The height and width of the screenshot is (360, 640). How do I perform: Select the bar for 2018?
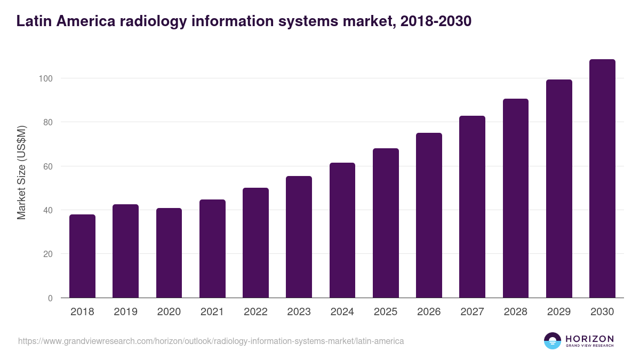point(82,256)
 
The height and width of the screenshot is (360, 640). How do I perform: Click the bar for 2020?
point(169,253)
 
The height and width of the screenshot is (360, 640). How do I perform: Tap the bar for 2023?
point(299,237)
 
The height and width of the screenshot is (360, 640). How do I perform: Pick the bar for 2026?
point(429,215)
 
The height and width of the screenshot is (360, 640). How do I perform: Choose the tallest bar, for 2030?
point(602,179)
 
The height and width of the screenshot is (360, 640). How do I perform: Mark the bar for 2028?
point(515,198)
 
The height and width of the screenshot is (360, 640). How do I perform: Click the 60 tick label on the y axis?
point(47,166)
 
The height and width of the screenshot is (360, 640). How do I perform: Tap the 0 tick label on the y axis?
point(50,298)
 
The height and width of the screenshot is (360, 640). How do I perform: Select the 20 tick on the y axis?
point(47,254)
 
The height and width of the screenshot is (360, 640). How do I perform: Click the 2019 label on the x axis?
point(125,312)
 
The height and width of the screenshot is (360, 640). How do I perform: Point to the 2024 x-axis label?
point(342,312)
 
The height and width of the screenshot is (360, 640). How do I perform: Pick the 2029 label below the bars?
point(558,312)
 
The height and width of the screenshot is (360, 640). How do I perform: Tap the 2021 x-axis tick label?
point(212,312)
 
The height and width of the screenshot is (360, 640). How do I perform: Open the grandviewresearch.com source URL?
point(211,341)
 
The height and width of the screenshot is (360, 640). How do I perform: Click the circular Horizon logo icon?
point(552,341)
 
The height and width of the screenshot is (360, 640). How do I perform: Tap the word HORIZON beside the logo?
point(589,339)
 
